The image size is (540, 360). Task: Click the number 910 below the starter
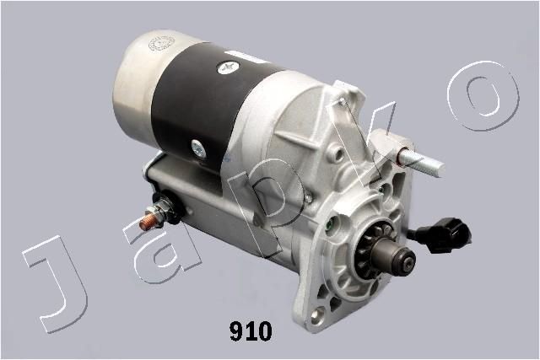[251, 332]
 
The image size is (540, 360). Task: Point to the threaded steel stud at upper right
[422, 163]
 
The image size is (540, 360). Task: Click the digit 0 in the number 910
[264, 332]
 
